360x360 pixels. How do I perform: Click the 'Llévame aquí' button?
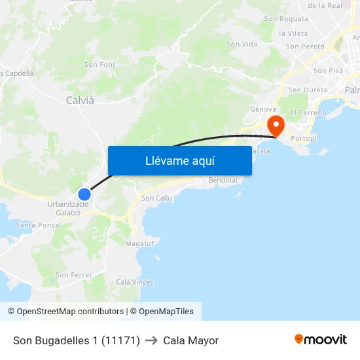coord(179,161)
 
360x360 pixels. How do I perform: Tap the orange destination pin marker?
coord(276,124)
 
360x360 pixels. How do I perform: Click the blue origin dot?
coord(84,194)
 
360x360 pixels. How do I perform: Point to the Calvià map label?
coord(80,100)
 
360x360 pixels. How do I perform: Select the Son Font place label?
coord(99,65)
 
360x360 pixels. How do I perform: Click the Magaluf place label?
coord(139,243)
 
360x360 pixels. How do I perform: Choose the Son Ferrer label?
coord(73,275)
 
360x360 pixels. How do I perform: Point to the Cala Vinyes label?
coord(134,282)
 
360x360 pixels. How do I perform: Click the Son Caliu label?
coord(156,198)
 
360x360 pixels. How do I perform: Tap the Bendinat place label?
coord(223,180)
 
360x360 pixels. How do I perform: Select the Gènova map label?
coord(263,109)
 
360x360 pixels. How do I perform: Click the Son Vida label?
coord(242,44)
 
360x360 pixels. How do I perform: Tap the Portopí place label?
coord(304,139)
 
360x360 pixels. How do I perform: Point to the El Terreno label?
coord(308,113)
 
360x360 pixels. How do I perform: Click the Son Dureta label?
coord(308,90)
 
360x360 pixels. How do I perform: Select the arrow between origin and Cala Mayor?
coord(151,340)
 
